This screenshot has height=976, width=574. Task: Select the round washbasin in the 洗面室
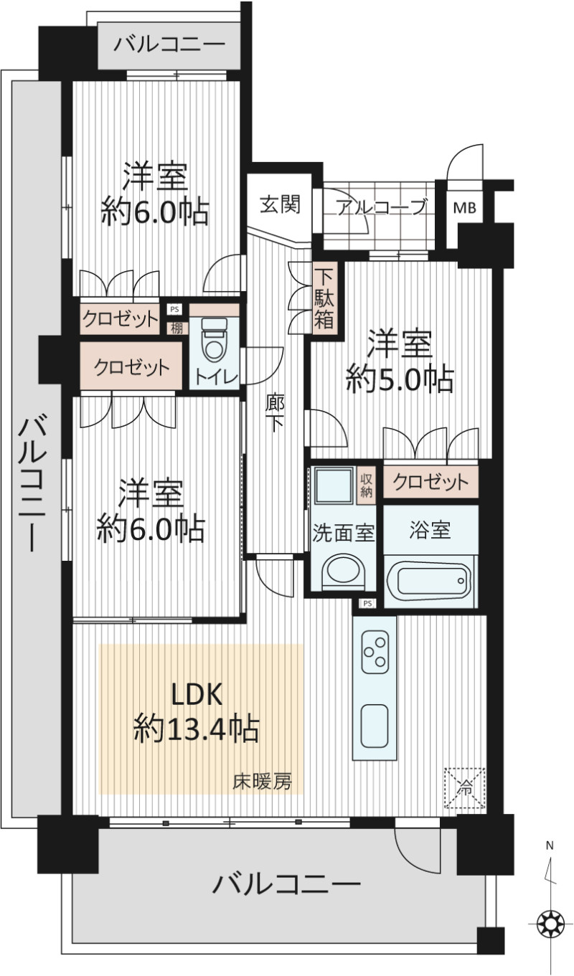click(x=343, y=569)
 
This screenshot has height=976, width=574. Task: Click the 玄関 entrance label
click(x=280, y=204)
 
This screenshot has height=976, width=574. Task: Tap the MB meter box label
click(x=465, y=208)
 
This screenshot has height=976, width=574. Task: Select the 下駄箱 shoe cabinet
click(x=324, y=298)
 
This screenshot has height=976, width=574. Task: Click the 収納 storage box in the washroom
click(x=366, y=485)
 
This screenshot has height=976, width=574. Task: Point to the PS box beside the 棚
click(x=175, y=310)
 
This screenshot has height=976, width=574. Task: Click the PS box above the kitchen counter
click(x=367, y=603)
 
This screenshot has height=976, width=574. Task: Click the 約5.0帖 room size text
click(x=400, y=379)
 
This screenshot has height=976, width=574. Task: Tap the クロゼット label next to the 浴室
click(x=430, y=483)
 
